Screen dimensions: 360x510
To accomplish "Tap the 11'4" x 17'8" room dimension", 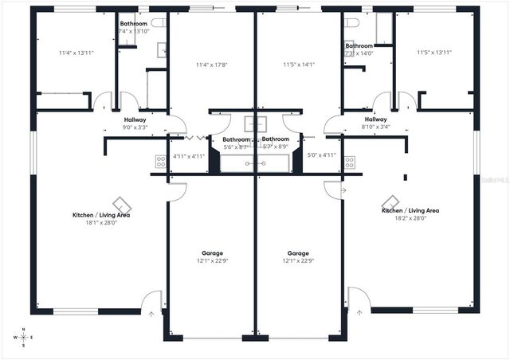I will tap(211, 65).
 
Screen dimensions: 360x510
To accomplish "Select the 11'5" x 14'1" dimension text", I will tap(299, 65).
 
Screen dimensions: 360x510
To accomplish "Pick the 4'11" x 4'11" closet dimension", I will tap(190, 156).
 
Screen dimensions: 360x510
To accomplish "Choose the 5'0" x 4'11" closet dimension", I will tap(321, 155).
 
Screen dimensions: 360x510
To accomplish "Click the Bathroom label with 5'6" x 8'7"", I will tap(236, 143).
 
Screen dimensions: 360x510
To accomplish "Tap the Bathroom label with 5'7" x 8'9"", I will tap(275, 143).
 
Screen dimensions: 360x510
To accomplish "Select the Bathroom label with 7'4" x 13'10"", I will tap(134, 27).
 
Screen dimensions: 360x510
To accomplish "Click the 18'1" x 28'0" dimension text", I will tap(101, 223).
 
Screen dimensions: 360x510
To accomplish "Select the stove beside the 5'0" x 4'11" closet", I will tap(349, 162).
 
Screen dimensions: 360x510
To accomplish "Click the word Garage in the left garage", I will tap(212, 253).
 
